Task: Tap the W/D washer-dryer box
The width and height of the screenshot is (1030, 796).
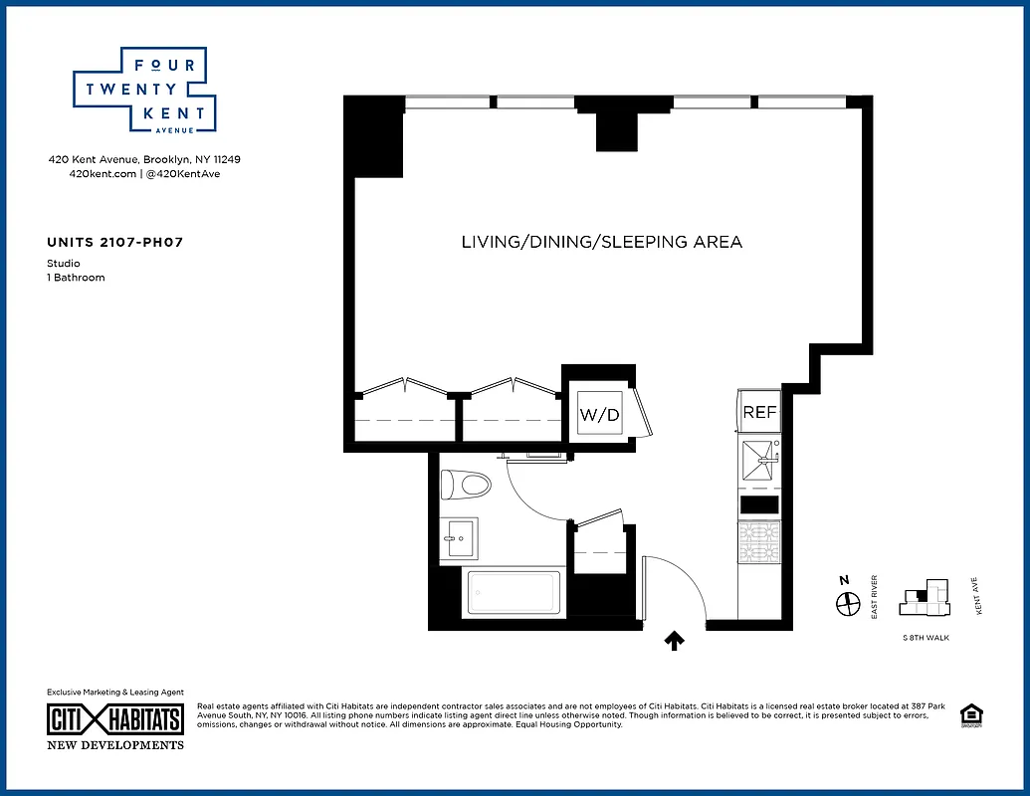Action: (x=600, y=414)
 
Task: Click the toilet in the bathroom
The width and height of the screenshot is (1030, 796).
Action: (x=467, y=486)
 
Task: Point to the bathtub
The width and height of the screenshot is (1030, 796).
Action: (x=513, y=594)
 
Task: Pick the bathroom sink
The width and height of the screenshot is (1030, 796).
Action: (x=459, y=538)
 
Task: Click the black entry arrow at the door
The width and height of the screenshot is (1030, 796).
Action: (x=675, y=642)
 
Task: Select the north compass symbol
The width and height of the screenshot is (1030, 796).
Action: (x=847, y=603)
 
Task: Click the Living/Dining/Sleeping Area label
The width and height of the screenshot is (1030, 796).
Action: (x=601, y=242)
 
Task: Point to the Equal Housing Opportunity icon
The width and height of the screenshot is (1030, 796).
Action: (x=969, y=715)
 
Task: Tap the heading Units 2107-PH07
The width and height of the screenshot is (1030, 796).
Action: (x=114, y=242)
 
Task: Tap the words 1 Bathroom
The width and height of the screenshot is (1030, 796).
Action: (x=76, y=278)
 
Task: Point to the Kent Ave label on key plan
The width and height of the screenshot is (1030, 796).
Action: (x=979, y=597)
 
